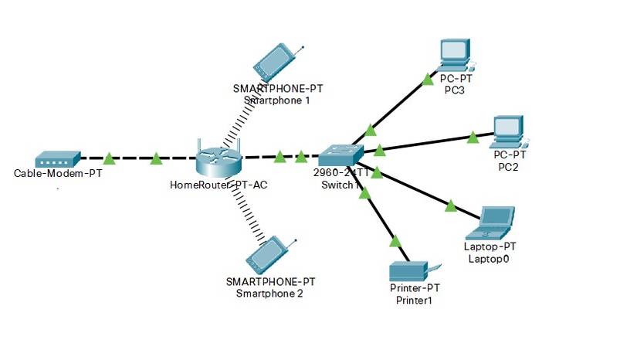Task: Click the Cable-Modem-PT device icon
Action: (x=58, y=159)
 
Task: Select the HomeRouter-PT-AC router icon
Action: (x=219, y=160)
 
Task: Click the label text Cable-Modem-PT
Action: (x=58, y=173)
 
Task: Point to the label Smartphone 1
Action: (x=276, y=100)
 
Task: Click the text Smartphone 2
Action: (x=269, y=294)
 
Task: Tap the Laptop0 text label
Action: (x=490, y=258)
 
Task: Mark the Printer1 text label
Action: (x=414, y=299)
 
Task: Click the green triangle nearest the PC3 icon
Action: (x=428, y=78)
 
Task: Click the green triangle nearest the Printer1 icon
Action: (x=396, y=242)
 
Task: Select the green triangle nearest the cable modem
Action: (x=109, y=159)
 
